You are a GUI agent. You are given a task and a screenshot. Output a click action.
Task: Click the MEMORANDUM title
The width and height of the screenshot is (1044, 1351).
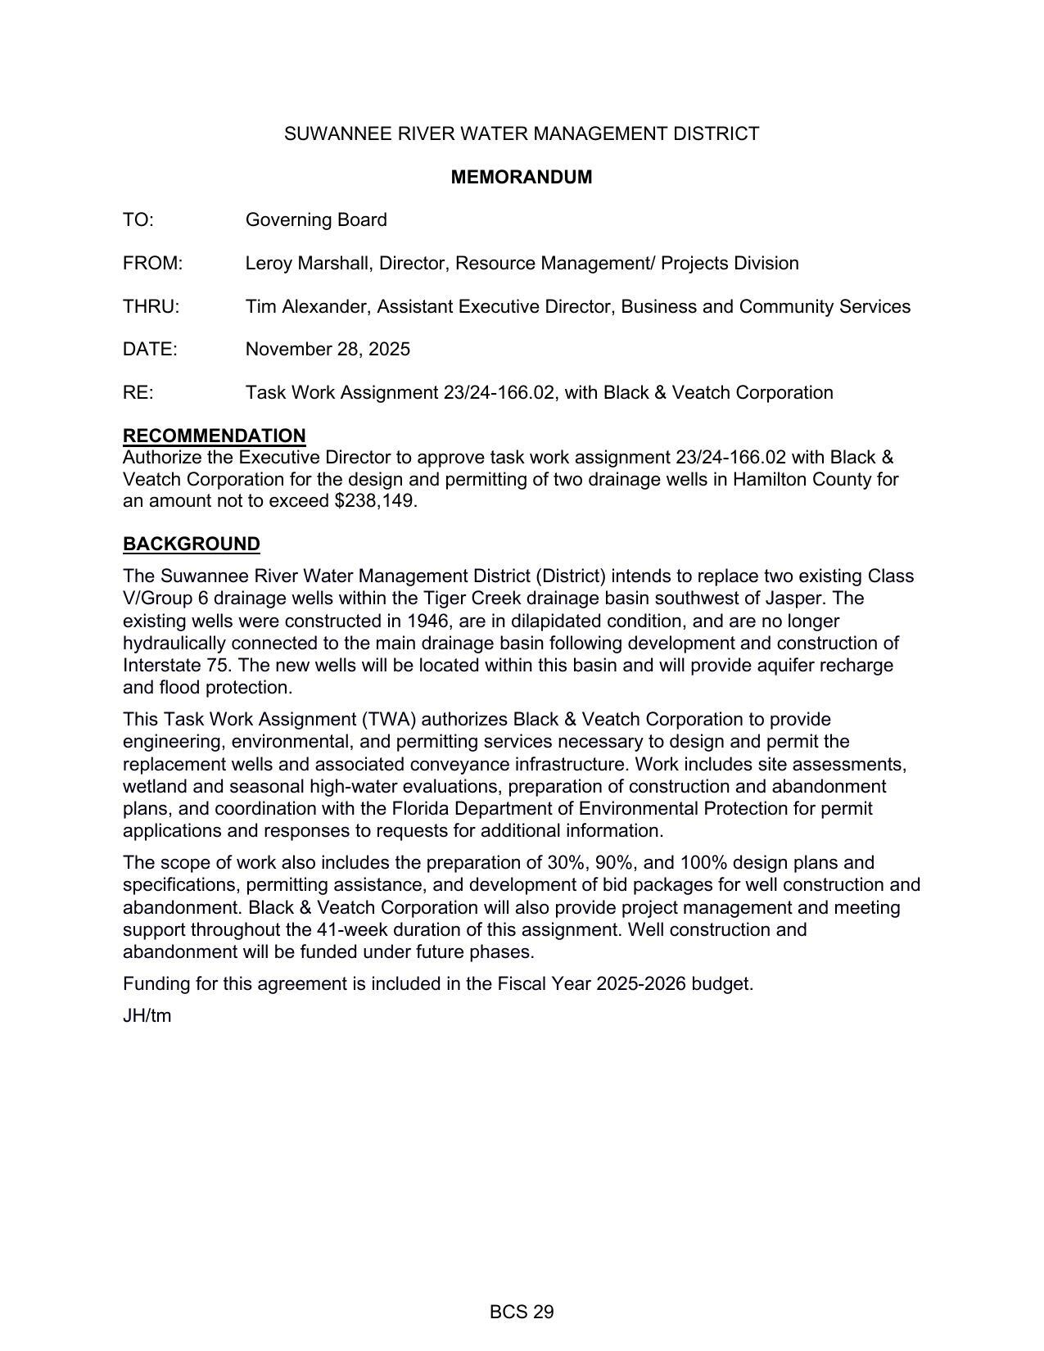click(x=521, y=177)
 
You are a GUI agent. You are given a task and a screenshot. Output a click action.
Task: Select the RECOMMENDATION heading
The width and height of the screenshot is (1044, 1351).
click(x=214, y=436)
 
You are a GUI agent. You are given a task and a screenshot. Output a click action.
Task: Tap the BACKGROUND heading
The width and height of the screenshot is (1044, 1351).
click(x=191, y=544)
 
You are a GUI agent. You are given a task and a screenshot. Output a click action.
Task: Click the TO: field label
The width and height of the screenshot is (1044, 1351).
click(x=138, y=220)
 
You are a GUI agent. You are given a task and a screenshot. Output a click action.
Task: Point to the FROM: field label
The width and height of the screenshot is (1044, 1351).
click(x=152, y=264)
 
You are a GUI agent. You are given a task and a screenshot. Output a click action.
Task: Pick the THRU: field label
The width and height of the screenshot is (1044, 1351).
click(x=151, y=307)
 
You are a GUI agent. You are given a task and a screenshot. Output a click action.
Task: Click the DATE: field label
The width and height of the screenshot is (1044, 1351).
click(x=150, y=350)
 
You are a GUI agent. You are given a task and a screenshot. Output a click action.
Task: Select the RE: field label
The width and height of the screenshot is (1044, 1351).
click(x=138, y=393)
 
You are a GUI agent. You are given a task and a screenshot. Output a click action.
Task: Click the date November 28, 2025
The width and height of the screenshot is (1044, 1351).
click(x=328, y=350)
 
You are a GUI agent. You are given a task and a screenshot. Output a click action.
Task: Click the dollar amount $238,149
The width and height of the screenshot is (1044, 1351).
click(x=376, y=501)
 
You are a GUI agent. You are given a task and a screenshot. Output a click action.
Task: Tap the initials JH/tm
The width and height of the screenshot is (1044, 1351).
click(x=147, y=1016)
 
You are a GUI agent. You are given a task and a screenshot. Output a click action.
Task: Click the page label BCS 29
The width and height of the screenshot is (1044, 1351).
click(x=522, y=1313)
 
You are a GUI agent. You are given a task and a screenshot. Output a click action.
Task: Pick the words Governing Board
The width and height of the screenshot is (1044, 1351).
click(x=316, y=220)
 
